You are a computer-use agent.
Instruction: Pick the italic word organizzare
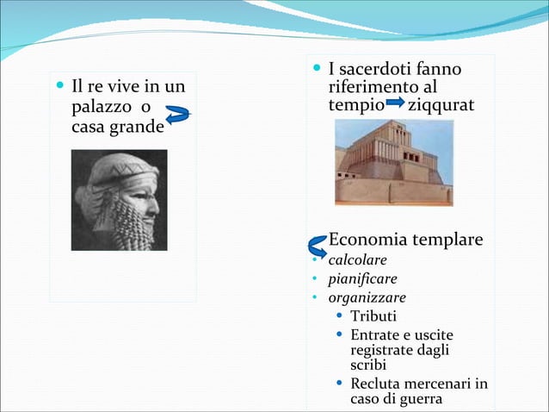(367, 298)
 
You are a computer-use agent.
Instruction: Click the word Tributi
(373, 317)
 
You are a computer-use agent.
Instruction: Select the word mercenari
(435, 384)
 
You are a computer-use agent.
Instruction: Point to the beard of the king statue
(135, 228)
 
